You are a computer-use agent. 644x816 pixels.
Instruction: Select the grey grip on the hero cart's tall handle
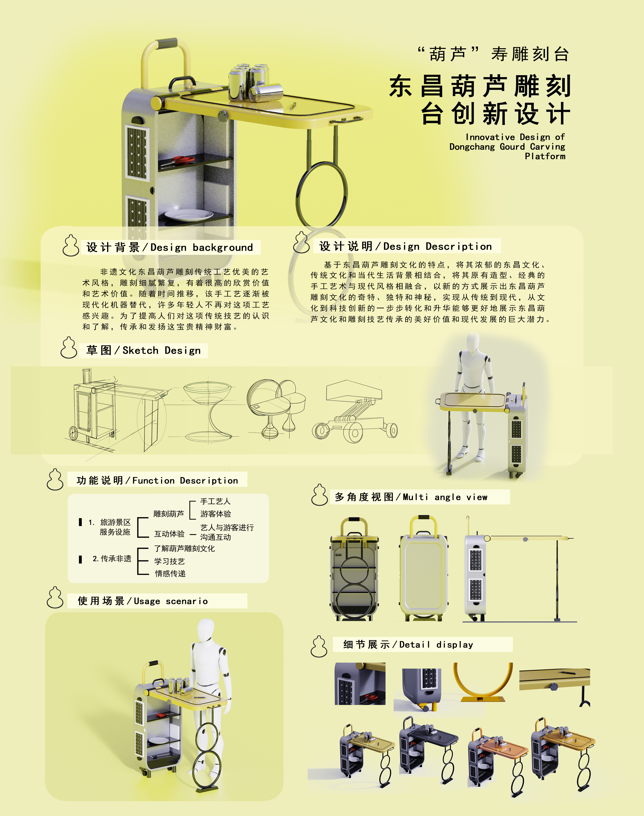166,43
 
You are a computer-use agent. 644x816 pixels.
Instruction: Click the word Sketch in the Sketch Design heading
140,351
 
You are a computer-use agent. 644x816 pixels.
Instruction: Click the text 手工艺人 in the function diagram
215,501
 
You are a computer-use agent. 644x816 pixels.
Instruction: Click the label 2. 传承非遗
112,559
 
